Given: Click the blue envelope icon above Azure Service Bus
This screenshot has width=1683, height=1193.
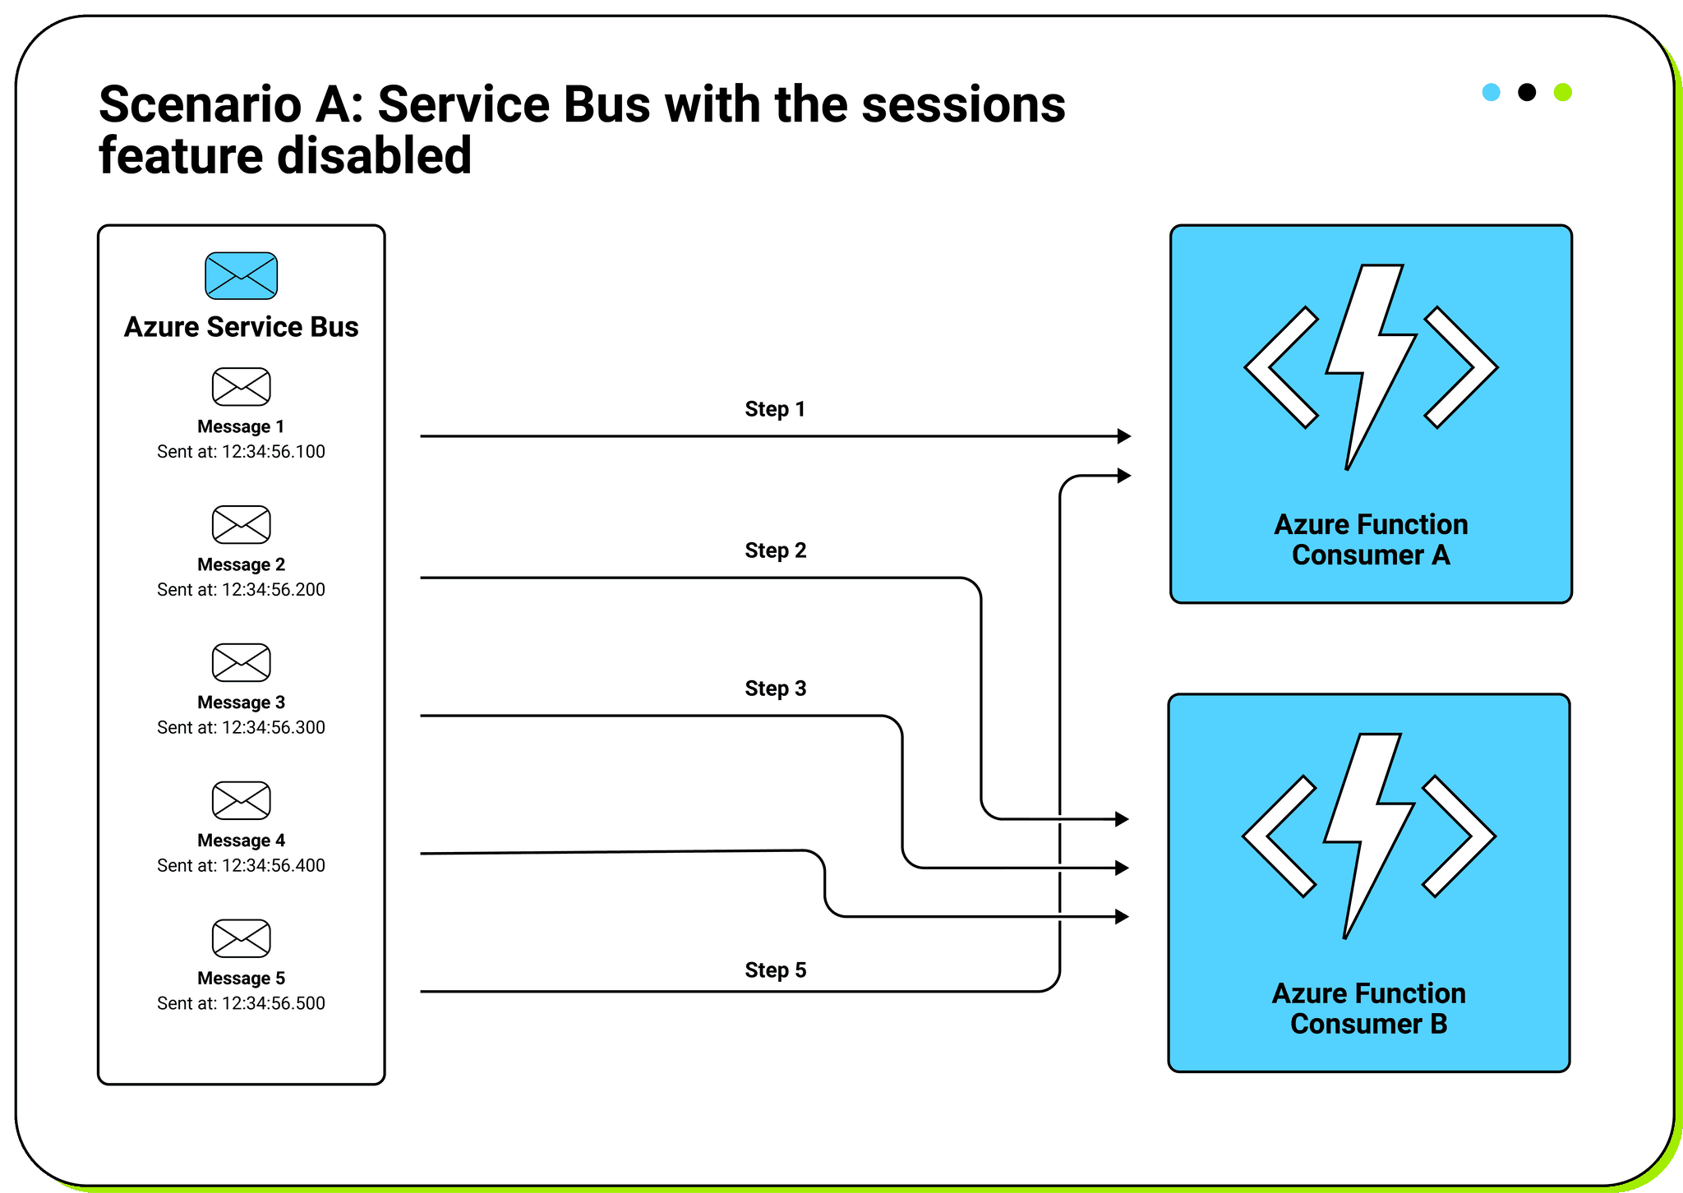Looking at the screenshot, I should (x=241, y=275).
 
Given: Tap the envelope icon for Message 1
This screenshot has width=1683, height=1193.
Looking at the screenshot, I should (x=241, y=386).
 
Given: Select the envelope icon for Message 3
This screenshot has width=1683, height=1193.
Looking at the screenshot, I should (x=241, y=662).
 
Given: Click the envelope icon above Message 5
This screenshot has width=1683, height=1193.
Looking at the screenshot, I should (x=241, y=937).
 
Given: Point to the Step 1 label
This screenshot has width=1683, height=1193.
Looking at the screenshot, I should (x=774, y=409).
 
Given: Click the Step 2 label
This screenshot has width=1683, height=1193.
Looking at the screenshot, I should (x=775, y=550).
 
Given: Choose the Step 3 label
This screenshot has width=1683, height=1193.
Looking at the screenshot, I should (x=775, y=689).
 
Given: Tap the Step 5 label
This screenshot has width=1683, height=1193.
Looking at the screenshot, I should (x=775, y=970).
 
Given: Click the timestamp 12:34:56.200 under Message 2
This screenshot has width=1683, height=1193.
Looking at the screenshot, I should (x=273, y=589).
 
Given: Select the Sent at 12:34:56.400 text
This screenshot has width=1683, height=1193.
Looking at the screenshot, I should (x=241, y=865).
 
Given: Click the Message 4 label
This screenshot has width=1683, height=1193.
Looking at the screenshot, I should (x=241, y=841).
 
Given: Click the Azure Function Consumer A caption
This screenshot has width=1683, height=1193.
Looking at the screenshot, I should (x=1371, y=540).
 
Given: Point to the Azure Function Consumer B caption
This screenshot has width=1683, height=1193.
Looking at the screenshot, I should (x=1368, y=1009).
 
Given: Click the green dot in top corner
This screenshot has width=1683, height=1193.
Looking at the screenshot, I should (x=1562, y=92).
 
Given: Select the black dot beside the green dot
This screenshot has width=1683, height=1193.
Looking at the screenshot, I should (x=1526, y=92).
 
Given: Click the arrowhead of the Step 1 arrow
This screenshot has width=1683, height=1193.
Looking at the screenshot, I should (x=1124, y=436).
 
